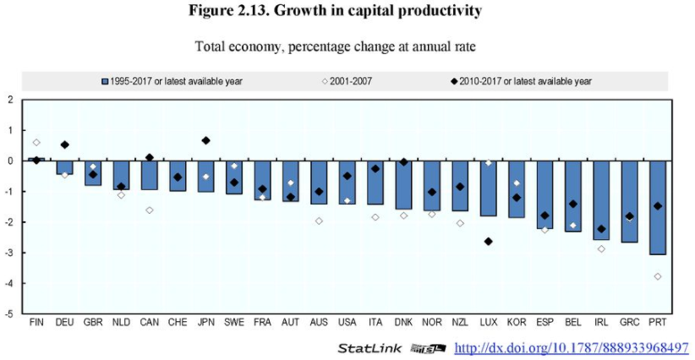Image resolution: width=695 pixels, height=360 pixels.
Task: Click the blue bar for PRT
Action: click(x=657, y=207)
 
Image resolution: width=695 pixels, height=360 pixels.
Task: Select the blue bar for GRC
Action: click(x=629, y=201)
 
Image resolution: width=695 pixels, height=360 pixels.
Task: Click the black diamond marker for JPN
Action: click(x=205, y=140)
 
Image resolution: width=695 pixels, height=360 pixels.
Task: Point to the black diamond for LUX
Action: click(x=488, y=241)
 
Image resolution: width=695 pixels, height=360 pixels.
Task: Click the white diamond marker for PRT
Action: click(x=657, y=276)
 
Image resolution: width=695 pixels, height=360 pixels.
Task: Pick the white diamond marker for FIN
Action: click(x=36, y=142)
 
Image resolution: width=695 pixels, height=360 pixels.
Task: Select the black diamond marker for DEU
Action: click(x=65, y=145)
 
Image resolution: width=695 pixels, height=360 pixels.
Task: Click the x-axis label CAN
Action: click(x=149, y=323)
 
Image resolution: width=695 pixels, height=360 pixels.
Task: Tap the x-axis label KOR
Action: click(x=516, y=323)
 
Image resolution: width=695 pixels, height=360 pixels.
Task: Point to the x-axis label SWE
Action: click(x=233, y=323)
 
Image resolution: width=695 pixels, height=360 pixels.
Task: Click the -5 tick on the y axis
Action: click(x=10, y=314)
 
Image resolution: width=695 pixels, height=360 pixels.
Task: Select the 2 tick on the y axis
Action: click(x=10, y=100)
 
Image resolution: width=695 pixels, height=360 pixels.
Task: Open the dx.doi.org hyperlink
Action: click(x=571, y=347)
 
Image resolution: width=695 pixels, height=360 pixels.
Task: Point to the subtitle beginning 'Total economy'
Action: click(x=347, y=46)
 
